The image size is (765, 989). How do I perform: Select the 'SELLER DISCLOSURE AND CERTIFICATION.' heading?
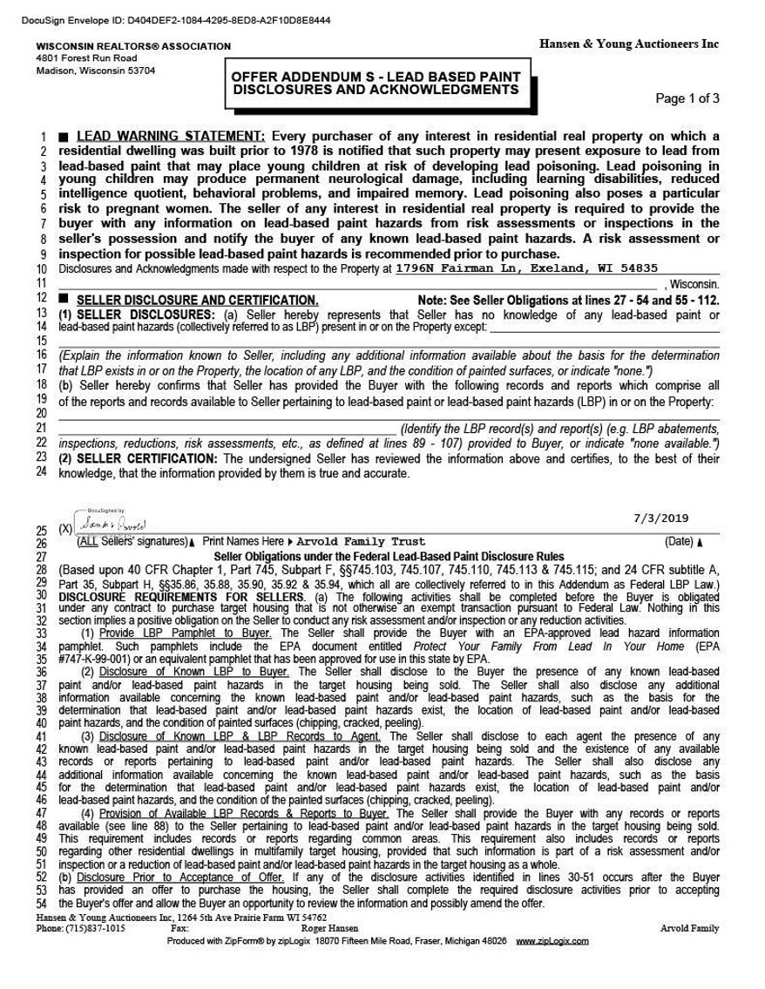(x=198, y=299)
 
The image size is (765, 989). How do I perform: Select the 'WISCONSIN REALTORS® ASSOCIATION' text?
(x=133, y=46)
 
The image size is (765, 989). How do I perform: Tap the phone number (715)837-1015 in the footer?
(x=92, y=929)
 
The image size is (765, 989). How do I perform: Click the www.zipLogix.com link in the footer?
(x=552, y=941)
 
